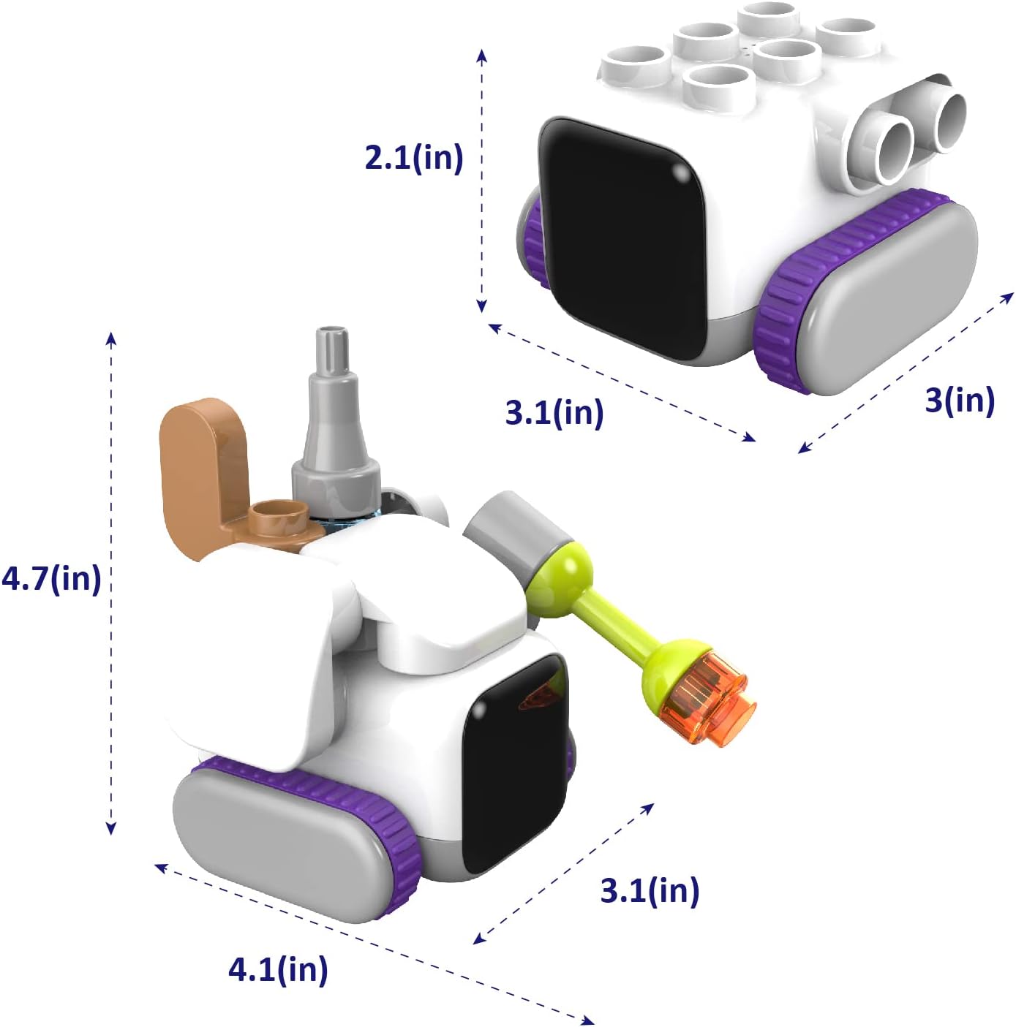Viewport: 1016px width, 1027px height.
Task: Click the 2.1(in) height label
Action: (413, 157)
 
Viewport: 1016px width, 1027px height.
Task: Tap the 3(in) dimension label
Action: (959, 400)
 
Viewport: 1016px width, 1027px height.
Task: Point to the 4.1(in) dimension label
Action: (278, 969)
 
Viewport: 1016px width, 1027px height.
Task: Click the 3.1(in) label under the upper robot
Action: (554, 412)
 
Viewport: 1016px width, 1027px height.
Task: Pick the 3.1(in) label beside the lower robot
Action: (650, 890)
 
